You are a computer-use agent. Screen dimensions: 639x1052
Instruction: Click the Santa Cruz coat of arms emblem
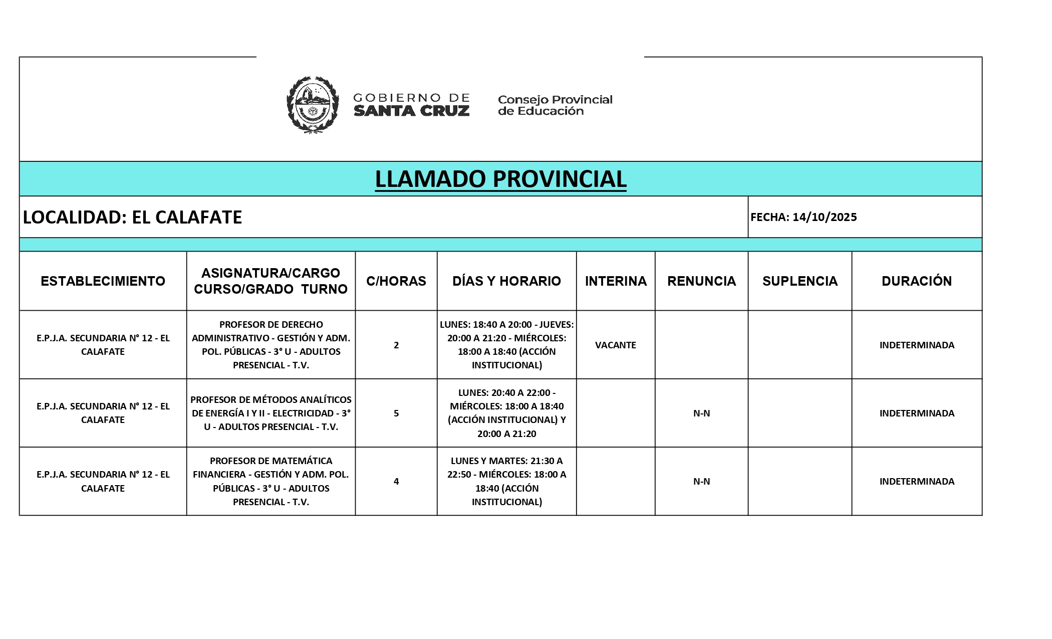pos(312,105)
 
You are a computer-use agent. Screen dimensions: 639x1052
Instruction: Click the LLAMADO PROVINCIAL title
pos(500,179)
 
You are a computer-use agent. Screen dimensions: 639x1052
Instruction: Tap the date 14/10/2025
pos(824,217)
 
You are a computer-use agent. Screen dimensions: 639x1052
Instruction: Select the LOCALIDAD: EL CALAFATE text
pos(132,217)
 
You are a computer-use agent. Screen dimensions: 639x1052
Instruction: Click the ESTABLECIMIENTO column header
pos(103,281)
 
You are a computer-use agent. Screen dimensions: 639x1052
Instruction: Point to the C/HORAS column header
pos(396,281)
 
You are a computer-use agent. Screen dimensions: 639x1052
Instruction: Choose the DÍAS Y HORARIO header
pos(506,281)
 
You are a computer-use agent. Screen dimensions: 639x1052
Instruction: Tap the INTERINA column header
pos(616,281)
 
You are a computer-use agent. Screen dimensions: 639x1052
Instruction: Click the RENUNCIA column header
pos(701,281)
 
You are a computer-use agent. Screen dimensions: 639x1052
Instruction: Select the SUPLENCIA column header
pos(800,281)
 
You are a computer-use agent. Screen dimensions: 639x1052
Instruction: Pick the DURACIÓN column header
pos(917,281)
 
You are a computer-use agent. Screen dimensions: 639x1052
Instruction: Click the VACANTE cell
pos(616,345)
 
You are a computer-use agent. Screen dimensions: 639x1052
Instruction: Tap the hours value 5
pos(396,413)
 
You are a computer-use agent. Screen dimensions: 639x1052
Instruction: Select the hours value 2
pos(396,345)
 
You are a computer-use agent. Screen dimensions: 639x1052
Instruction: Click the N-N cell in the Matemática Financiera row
pos(701,482)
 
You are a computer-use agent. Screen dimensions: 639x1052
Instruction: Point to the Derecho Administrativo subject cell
pos(271,345)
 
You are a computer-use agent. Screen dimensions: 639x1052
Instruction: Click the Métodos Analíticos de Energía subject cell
pos(271,413)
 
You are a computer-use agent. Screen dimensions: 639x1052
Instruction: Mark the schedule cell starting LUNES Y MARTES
pos(506,481)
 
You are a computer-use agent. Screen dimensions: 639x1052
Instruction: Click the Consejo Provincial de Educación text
pos(555,105)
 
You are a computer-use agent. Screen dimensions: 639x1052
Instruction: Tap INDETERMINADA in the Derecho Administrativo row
pos(917,345)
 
